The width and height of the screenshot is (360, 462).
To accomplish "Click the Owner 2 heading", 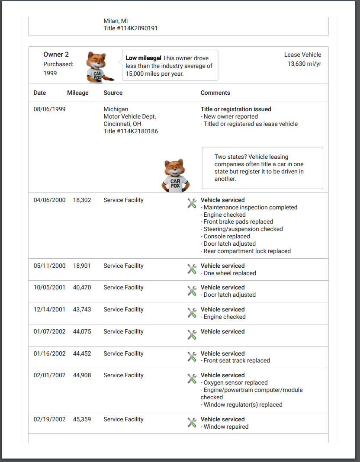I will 56,55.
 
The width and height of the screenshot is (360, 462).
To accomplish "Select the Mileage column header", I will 78,93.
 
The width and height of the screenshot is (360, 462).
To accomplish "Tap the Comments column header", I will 215,93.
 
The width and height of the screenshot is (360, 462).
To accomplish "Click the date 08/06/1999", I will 49,109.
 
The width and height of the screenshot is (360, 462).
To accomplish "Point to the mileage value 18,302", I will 82,200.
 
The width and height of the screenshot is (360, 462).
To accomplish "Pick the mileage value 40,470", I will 82,287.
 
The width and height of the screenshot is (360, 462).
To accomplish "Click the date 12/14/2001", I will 49,309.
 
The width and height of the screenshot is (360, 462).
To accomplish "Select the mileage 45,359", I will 82,419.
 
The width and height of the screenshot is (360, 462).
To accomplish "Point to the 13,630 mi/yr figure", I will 304,64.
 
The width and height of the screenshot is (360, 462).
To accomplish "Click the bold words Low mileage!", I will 143,58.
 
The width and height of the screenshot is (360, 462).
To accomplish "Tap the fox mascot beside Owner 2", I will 98,67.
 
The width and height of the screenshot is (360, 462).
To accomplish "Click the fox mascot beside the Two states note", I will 175,175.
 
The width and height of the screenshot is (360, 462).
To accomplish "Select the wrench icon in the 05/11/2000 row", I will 192,269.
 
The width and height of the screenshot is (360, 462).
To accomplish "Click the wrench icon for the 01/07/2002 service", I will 192,334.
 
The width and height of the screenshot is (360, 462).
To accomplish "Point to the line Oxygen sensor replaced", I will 235,382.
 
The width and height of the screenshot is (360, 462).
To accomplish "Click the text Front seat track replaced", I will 237,360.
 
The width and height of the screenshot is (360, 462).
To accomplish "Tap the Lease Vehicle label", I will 302,55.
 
